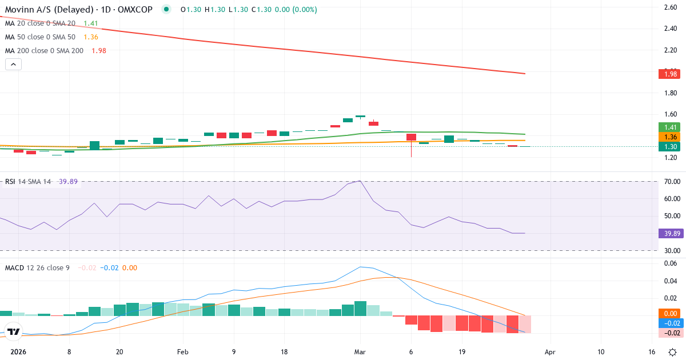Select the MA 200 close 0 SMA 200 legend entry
coord(44,50)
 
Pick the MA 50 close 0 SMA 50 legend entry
coord(40,37)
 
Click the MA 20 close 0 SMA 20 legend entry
coord(40,23)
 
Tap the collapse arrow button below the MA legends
coord(13,65)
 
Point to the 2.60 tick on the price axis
coord(671,7)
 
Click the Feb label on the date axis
coord(182,351)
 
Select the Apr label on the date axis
coord(550,351)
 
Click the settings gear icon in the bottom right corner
coord(673,351)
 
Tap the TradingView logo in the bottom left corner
coord(13,332)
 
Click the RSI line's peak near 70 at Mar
coord(360,181)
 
